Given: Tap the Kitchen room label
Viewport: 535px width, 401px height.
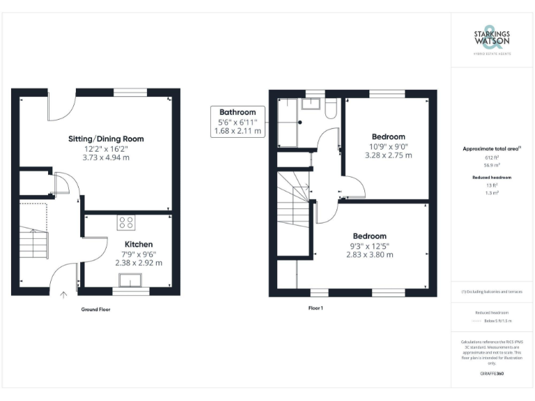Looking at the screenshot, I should [x=139, y=244].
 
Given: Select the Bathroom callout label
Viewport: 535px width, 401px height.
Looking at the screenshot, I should [x=238, y=112].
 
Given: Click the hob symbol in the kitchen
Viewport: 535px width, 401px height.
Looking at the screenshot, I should [x=127, y=223].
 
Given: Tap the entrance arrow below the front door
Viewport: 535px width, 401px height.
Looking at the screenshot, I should [x=63, y=296].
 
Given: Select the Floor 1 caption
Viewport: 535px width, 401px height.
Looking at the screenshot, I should [x=316, y=308].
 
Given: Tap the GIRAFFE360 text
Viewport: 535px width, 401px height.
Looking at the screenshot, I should [x=492, y=375].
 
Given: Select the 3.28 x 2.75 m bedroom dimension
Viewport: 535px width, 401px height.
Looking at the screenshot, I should [x=388, y=155].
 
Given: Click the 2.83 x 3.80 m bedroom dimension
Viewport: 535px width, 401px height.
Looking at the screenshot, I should [x=369, y=255].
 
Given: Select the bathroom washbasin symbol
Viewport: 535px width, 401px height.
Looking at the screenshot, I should [x=313, y=105].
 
